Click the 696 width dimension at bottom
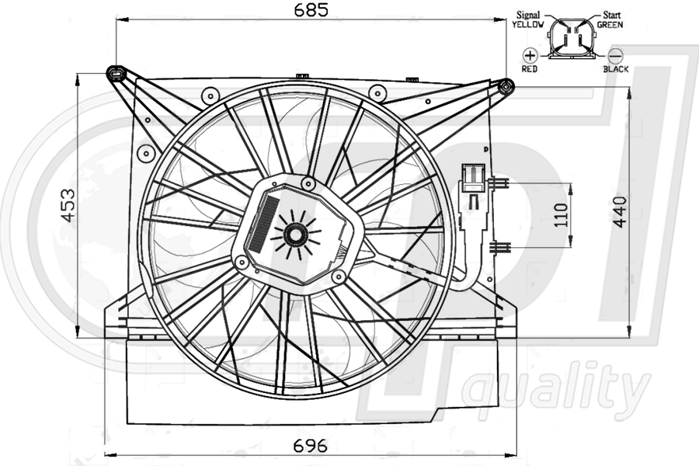point(311,447)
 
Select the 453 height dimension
point(68,205)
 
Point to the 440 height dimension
point(619,211)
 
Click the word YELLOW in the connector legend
point(528,25)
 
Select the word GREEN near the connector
point(610,25)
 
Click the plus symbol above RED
point(530,55)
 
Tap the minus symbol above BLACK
point(615,55)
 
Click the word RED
point(530,69)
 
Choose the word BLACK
point(615,69)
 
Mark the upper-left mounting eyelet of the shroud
point(116,74)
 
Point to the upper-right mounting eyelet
point(506,85)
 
